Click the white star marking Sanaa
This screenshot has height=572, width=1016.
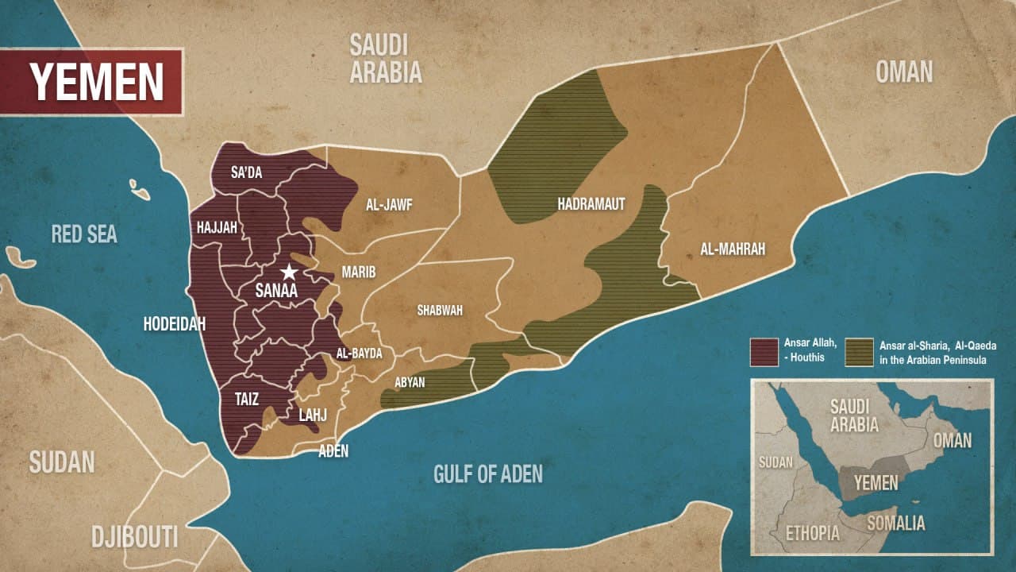point(289,272)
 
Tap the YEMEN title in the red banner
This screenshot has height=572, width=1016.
point(96,81)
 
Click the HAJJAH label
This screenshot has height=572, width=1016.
point(217,228)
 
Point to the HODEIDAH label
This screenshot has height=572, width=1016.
point(174,323)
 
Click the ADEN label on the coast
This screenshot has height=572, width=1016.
point(333,451)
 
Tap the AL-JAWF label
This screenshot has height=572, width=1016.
point(389,204)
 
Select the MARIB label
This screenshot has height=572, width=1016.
point(358,272)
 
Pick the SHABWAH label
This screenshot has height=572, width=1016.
point(440,311)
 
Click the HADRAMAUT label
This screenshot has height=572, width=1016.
point(591,204)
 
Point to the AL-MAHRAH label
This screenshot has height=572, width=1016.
point(733,249)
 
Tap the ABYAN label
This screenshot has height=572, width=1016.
point(410,382)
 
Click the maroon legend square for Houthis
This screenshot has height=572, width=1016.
point(764,352)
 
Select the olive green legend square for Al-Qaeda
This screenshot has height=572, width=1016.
point(859,352)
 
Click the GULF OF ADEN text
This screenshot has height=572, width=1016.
point(488,474)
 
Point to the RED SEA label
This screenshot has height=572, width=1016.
point(84,234)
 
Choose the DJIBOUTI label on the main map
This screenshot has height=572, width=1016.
point(134,536)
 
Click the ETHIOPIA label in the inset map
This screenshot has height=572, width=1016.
point(812,533)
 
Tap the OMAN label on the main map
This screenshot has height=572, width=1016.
point(904,72)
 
